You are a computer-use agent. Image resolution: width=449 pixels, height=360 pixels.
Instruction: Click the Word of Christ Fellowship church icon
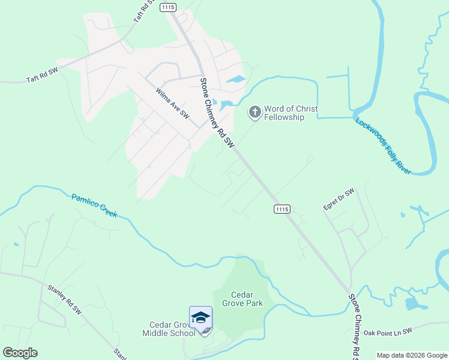coord(255,112)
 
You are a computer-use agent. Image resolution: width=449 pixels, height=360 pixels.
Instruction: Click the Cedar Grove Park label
coord(242,299)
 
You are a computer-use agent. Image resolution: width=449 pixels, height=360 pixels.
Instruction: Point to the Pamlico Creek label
coord(95,206)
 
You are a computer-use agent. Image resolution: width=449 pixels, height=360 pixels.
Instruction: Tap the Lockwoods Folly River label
coord(383,146)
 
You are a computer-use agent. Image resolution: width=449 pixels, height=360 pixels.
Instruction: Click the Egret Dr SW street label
coord(339,199)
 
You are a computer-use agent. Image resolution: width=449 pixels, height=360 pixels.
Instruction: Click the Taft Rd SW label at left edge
coord(42,75)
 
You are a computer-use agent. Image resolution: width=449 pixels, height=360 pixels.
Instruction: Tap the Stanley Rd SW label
coord(64,299)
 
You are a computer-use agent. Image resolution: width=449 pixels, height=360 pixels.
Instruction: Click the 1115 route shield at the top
coord(168,7)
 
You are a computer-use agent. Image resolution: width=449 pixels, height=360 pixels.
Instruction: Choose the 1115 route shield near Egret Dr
coord(282,209)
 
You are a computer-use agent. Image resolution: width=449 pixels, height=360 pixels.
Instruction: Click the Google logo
coord(20,353)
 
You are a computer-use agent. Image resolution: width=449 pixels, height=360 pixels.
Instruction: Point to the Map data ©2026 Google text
coord(411,355)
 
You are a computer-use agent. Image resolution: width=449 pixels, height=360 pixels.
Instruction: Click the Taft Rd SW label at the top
coord(140,11)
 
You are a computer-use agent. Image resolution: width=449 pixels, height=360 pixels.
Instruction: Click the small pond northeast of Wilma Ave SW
coord(236,79)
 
